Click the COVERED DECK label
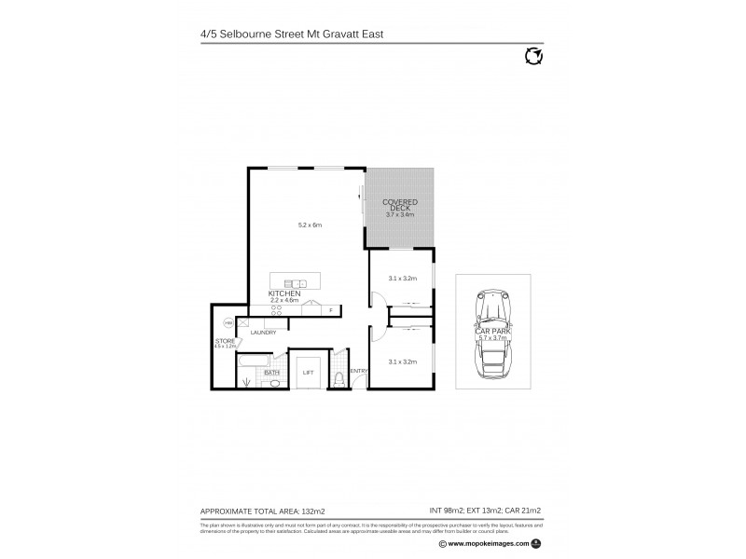(400, 205)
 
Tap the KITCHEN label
(283, 293)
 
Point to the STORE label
(225, 341)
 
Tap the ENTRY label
(358, 371)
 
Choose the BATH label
(272, 373)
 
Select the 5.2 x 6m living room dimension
(309, 225)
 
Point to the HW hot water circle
(227, 323)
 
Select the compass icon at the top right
(534, 57)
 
